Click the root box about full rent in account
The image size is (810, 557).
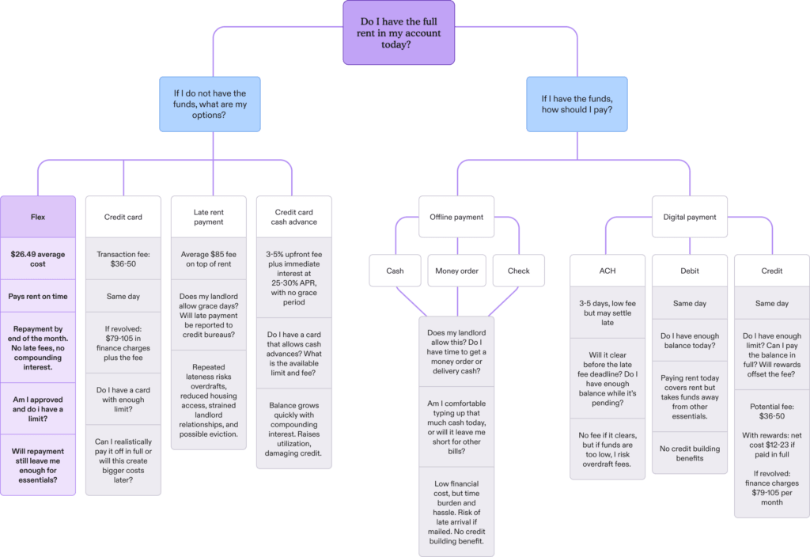click(x=399, y=33)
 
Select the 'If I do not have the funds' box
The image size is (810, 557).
click(x=210, y=104)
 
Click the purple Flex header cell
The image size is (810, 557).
click(x=39, y=216)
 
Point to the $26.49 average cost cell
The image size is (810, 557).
click(x=39, y=257)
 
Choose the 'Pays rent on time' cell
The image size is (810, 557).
click(x=39, y=297)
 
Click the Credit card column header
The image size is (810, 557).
click(x=123, y=217)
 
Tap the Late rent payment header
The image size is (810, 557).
click(x=209, y=217)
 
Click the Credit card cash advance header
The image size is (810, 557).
click(x=294, y=217)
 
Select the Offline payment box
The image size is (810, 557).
click(x=456, y=217)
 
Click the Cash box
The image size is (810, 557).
click(x=395, y=271)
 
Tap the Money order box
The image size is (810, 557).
click(x=456, y=271)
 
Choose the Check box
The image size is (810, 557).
click(x=519, y=271)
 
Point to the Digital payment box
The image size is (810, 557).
click(x=690, y=217)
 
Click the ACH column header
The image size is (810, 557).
click(x=608, y=271)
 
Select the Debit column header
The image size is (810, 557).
click(x=690, y=271)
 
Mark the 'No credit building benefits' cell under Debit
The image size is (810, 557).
click(x=690, y=453)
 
